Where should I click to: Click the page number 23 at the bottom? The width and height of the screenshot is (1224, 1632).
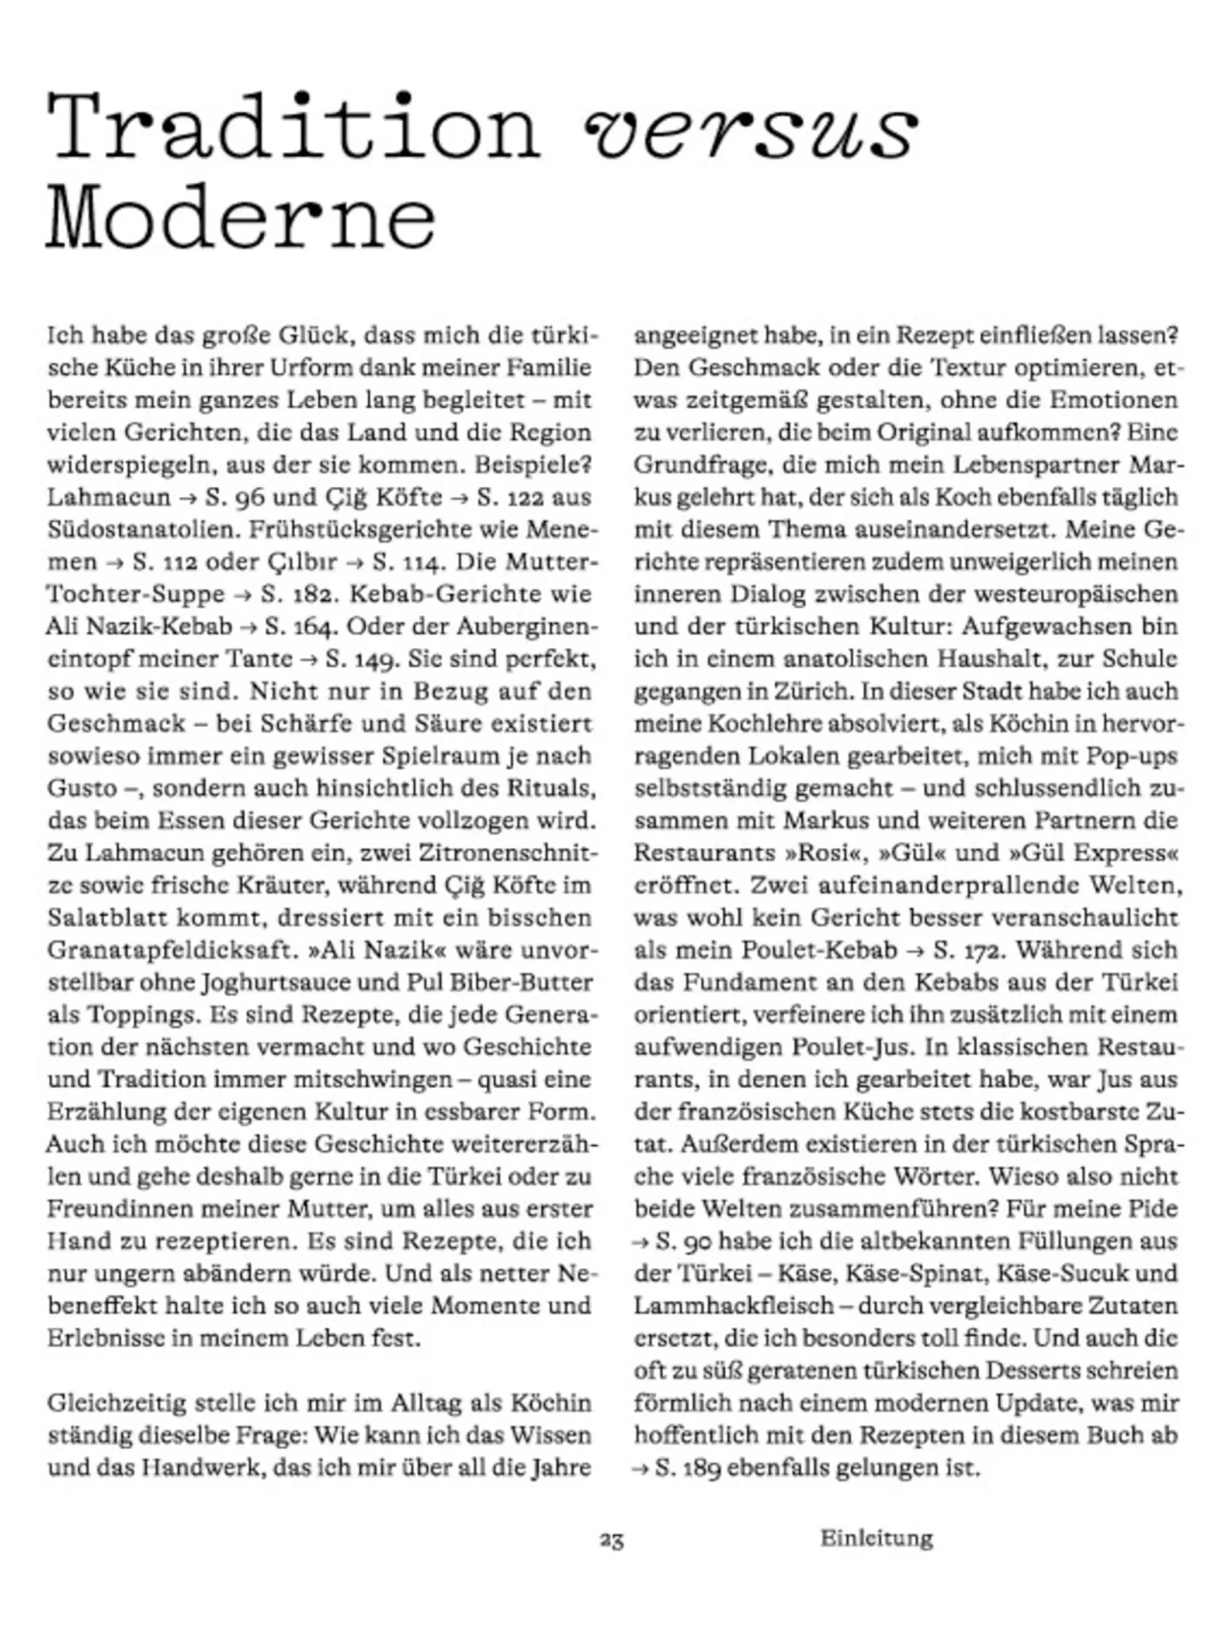coord(611,1540)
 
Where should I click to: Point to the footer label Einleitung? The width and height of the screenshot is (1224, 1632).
coord(877,1538)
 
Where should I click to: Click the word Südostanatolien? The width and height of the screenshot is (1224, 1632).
coord(141,530)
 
